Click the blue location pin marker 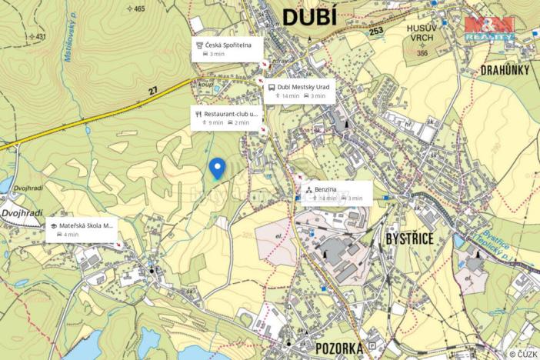click(x=218, y=168)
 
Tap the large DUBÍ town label click(x=310, y=17)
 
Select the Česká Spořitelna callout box click(x=228, y=49)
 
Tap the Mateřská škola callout click(x=82, y=230)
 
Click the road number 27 click(x=152, y=91)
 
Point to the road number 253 click(x=375, y=31)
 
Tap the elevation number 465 click(x=138, y=9)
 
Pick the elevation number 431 click(x=40, y=36)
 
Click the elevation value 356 click(x=422, y=53)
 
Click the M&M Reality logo click(x=489, y=28)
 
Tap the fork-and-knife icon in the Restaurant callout click(x=198, y=113)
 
